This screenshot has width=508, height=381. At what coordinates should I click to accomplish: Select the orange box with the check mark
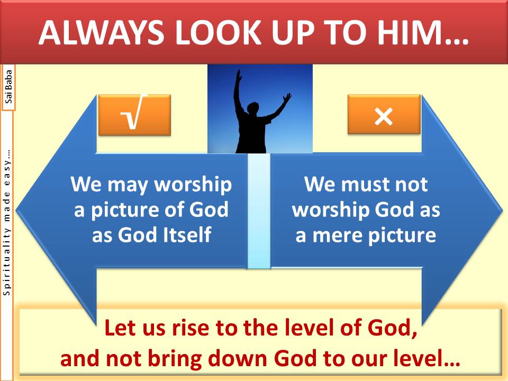[x=134, y=115]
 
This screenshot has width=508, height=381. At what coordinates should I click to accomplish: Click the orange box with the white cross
[x=384, y=114]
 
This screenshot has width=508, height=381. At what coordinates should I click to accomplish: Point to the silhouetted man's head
[x=253, y=108]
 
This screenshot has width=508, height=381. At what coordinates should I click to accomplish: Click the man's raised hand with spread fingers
[x=287, y=98]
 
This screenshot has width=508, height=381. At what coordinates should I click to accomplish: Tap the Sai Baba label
[x=9, y=87]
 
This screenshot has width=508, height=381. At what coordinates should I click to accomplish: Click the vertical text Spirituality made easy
[x=6, y=223]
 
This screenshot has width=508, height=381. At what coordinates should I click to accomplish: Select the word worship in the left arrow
[x=193, y=185]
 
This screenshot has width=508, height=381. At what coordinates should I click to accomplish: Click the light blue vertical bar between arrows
[x=259, y=211]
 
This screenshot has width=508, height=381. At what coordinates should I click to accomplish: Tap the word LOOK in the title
[x=219, y=33]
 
